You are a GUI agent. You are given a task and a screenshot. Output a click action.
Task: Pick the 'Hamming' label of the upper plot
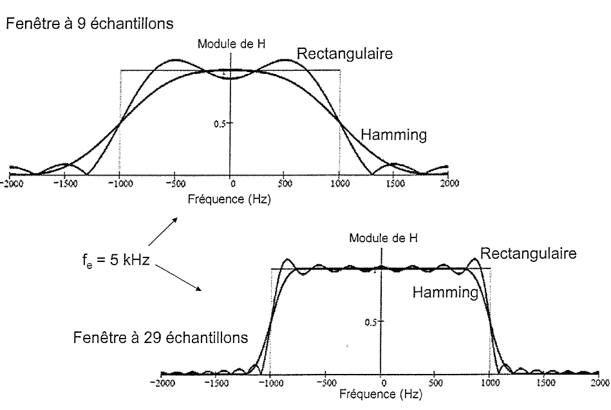pyautogui.click(x=394, y=135)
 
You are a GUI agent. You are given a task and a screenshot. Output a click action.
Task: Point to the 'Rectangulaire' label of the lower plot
pyautogui.click(x=528, y=254)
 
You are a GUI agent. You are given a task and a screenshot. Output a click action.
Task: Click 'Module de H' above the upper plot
pyautogui.click(x=230, y=44)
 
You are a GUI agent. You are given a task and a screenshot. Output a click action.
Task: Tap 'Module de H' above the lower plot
pyautogui.click(x=383, y=238)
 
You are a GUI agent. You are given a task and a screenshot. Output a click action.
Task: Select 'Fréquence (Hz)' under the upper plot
pyautogui.click(x=230, y=199)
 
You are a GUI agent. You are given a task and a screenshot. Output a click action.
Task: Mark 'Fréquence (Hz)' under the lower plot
pyautogui.click(x=381, y=394)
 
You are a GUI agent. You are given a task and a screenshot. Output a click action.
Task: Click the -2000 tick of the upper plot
pyautogui.click(x=10, y=183)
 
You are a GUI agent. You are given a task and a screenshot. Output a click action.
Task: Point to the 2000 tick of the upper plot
pyautogui.click(x=449, y=183)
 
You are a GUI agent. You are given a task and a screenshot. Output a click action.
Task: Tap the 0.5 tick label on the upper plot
pyautogui.click(x=218, y=124)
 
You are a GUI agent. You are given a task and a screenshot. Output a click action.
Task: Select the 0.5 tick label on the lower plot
pyautogui.click(x=370, y=321)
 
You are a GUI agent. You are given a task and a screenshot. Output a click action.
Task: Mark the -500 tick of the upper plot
pyautogui.click(x=174, y=183)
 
